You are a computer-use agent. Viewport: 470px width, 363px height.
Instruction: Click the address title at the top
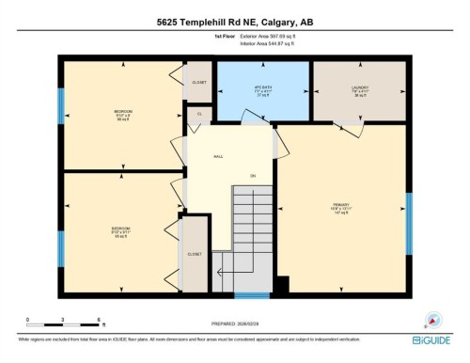tap(235, 21)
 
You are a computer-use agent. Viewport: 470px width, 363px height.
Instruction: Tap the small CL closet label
tap(199, 114)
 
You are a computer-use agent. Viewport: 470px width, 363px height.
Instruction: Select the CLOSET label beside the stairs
tap(194, 254)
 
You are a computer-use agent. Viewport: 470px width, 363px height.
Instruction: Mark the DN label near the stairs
tap(252, 176)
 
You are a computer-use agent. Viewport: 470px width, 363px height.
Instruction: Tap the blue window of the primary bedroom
tap(409, 224)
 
